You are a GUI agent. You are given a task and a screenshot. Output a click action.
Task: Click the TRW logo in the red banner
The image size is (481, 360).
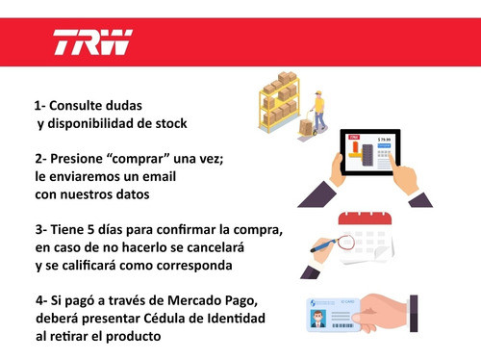pos(92,43)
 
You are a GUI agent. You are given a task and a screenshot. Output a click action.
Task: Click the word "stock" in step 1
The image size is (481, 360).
pos(166,123)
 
